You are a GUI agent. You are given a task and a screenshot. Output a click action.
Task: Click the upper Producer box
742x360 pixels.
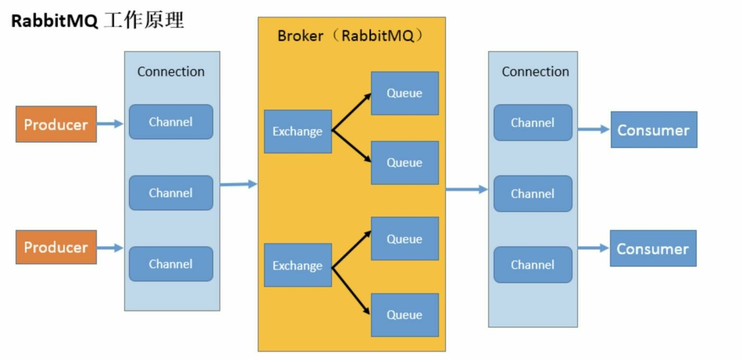click(x=56, y=124)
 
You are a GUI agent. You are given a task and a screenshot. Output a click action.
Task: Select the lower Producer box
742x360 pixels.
click(x=56, y=247)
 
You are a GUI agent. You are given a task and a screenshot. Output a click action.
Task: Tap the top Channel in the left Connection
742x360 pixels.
click(x=171, y=122)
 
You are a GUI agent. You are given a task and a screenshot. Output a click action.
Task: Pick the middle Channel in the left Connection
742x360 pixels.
click(x=171, y=193)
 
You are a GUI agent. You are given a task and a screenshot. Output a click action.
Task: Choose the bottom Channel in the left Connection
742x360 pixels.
click(x=171, y=264)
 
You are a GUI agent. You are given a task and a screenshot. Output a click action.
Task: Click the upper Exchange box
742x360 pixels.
click(x=297, y=132)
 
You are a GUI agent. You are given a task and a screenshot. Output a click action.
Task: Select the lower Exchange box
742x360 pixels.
click(x=297, y=265)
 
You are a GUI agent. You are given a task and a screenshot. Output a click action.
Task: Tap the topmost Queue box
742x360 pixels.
click(x=405, y=93)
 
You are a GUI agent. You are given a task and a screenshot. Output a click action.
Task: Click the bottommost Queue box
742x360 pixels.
click(x=405, y=315)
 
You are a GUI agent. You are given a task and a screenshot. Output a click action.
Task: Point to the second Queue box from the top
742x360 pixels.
click(x=405, y=162)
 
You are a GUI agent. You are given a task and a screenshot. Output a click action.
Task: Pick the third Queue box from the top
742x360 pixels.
click(x=405, y=238)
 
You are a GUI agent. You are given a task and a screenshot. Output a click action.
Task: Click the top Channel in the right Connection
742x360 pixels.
click(x=532, y=123)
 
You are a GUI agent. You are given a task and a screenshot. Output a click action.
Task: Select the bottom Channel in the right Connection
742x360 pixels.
click(x=532, y=265)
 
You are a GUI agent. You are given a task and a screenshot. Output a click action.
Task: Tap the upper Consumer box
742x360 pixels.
click(x=654, y=130)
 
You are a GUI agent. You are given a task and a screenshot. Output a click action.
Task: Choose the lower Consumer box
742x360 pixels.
click(x=653, y=248)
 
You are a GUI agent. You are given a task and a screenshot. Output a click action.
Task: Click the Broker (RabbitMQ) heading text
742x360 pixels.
click(x=351, y=36)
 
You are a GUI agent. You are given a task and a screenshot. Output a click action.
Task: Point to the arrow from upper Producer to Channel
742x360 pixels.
click(x=110, y=124)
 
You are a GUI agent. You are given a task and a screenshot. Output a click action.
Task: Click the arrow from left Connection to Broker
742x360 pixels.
click(x=238, y=184)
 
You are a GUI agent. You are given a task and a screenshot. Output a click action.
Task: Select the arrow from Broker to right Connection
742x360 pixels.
click(x=466, y=189)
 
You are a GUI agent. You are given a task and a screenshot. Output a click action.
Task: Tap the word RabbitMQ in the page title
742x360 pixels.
click(x=54, y=22)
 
